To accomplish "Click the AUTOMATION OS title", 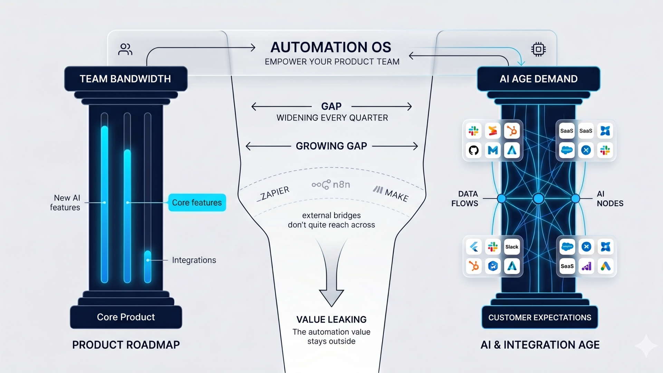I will [330, 47].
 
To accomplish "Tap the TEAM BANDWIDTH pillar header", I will [125, 79].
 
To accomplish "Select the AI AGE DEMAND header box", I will [538, 79].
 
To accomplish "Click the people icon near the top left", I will [125, 49].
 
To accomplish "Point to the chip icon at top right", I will [538, 49].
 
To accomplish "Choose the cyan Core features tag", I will [197, 202].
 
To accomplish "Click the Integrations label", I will [194, 260].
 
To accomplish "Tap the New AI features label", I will [65, 202].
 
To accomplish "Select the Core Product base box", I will [126, 317].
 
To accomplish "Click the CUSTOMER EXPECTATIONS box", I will [539, 317].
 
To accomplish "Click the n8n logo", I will [331, 185].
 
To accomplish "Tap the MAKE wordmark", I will [391, 194].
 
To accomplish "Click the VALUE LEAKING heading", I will [331, 319].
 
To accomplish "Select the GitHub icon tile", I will [474, 150].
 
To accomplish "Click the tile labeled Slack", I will [512, 247].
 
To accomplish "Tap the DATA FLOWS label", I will [465, 199].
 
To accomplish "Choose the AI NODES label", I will [609, 199].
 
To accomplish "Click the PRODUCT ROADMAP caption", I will [126, 345].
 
